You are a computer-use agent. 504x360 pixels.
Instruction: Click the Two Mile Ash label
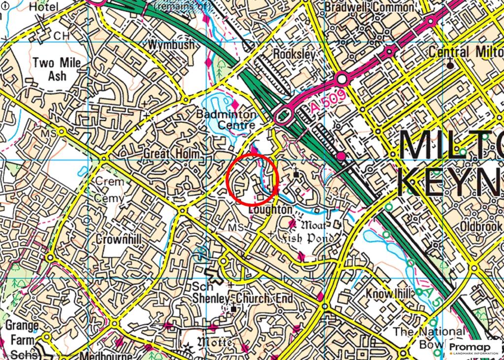[57, 69]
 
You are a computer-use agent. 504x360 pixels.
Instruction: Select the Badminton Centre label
[226, 120]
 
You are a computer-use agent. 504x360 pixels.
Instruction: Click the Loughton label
[271, 210]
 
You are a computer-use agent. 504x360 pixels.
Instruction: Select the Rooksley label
[293, 54]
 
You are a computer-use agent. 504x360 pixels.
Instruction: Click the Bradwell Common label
[369, 7]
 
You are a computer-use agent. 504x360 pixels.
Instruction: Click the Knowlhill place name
[388, 294]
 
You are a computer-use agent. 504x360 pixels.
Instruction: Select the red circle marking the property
[253, 179]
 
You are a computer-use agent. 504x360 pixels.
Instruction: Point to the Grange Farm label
[22, 333]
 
